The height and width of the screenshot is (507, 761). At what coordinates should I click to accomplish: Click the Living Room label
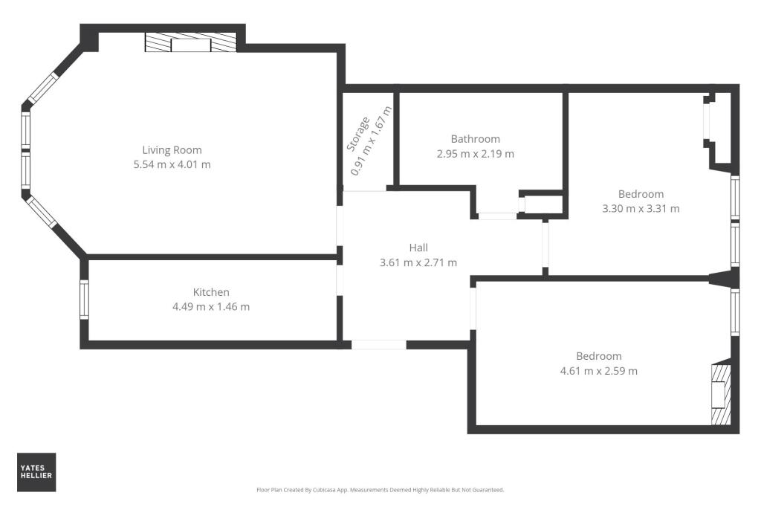click(172, 149)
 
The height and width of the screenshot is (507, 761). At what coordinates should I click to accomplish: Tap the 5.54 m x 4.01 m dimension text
click(172, 164)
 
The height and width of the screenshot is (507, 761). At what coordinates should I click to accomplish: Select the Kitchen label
click(211, 292)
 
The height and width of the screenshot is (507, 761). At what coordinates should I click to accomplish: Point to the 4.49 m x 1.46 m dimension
click(211, 307)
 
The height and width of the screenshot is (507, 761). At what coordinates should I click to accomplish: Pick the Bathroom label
click(475, 139)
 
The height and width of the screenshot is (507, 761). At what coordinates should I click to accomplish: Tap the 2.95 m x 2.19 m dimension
click(476, 154)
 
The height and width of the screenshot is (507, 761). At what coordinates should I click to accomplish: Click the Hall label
click(418, 248)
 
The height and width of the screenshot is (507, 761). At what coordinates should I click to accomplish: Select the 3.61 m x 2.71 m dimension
click(418, 262)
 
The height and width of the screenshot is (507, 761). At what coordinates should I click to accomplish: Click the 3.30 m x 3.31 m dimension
click(641, 209)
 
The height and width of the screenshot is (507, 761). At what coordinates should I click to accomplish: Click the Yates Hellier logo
click(36, 472)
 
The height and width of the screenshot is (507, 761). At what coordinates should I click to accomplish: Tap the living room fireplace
click(191, 44)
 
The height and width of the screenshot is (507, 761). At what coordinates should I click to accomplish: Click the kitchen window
click(84, 299)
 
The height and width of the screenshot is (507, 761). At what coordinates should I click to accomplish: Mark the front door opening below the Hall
click(379, 344)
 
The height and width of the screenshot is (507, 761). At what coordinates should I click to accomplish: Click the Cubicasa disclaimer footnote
click(380, 490)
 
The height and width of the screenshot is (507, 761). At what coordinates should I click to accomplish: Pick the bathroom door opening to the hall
click(496, 216)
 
